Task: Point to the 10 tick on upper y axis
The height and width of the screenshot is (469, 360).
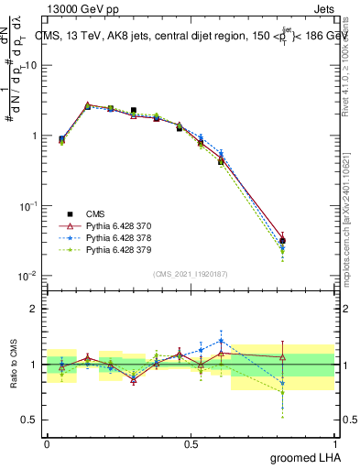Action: pos(30,65)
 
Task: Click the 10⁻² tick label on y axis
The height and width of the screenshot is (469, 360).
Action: pos(27,276)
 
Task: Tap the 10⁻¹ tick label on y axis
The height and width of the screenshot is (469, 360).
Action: pos(27,206)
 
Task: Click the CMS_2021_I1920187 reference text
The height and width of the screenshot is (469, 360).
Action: pos(190,275)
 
